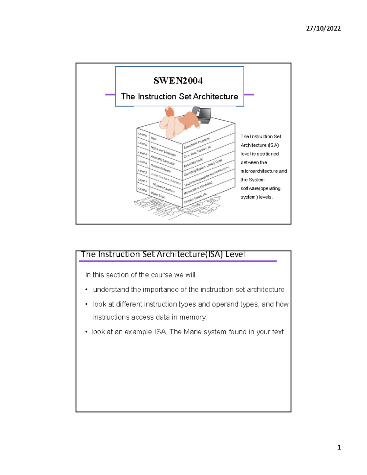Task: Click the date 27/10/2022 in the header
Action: [323, 28]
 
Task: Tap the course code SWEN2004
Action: [178, 81]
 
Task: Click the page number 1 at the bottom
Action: [339, 447]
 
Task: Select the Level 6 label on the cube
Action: [143, 135]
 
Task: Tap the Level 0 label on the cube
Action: [143, 190]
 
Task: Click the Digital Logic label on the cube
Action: [158, 195]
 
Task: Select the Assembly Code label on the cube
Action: [193, 163]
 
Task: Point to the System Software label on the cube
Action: [161, 168]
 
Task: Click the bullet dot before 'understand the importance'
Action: [87, 290]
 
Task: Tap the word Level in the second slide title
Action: [235, 254]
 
